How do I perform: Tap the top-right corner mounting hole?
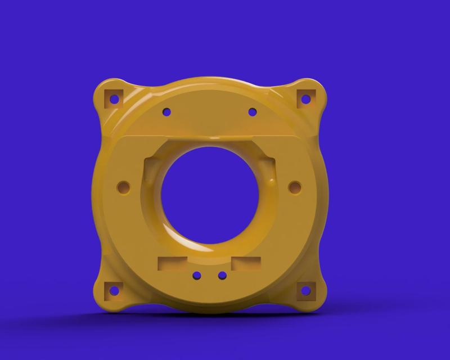(x=305, y=99)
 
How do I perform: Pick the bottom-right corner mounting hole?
(x=305, y=291)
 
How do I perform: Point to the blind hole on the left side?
(x=123, y=186)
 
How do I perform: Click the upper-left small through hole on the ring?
(x=166, y=112)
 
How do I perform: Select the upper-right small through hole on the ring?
(x=253, y=112)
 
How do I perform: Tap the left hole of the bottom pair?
(x=197, y=276)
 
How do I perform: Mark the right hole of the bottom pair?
(x=222, y=276)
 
